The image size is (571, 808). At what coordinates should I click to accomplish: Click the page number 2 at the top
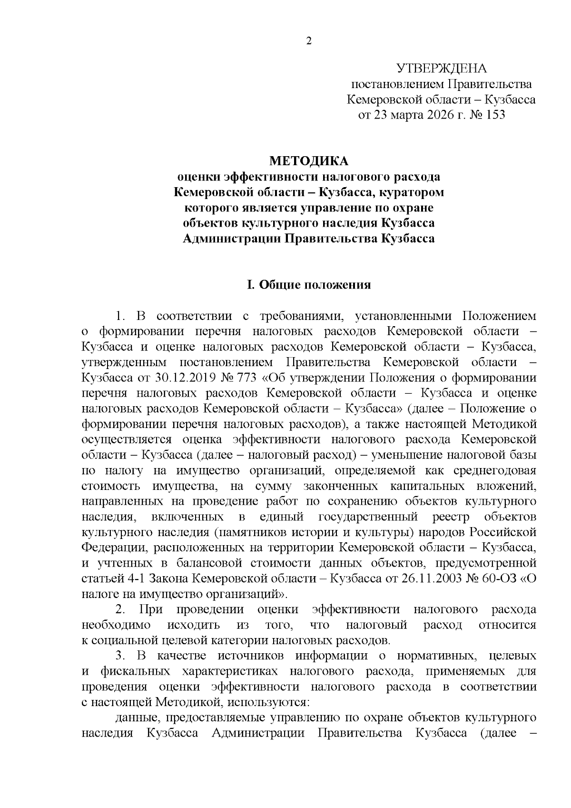(x=308, y=41)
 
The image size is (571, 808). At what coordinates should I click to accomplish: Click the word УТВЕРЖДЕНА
(x=442, y=69)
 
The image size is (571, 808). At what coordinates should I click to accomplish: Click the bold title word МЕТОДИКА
(x=309, y=161)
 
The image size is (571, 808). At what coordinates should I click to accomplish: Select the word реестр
(x=451, y=517)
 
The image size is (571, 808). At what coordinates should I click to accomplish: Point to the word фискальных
(x=136, y=671)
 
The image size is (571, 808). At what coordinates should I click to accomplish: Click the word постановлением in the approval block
(x=396, y=84)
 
